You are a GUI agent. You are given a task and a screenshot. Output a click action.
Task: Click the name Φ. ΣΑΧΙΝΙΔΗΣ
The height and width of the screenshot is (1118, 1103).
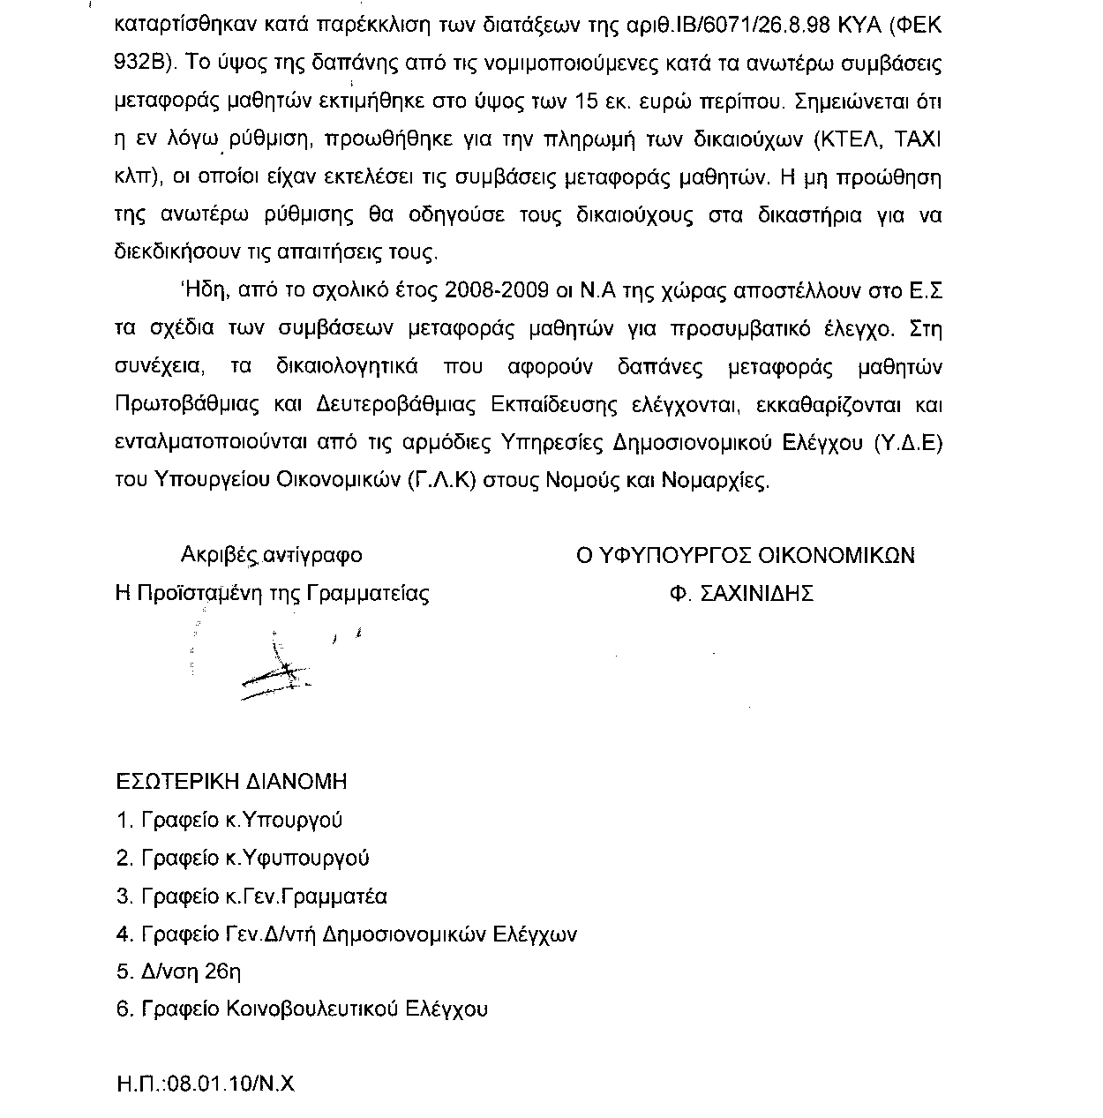click(741, 593)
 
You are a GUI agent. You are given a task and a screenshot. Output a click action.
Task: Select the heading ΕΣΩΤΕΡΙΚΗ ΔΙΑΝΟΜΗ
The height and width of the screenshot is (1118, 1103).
click(232, 782)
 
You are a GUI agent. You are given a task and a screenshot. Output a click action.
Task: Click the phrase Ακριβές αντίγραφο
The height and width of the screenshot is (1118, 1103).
click(271, 556)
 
